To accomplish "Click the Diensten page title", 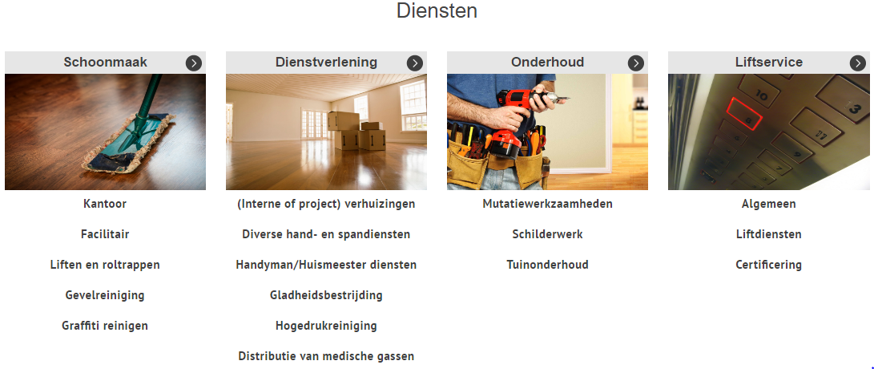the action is coord(437,10).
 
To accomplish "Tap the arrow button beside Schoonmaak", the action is coord(193,63).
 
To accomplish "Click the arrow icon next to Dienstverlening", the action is coord(415,63).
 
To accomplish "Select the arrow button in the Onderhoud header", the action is coord(636,63).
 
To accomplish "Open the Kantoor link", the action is coord(105,204).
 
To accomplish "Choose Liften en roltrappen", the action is coord(105,265).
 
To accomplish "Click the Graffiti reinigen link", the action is coord(105,326).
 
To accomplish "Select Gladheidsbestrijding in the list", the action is coord(326,294).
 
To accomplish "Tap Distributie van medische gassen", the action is coord(326,355).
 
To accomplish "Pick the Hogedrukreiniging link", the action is coord(326,326).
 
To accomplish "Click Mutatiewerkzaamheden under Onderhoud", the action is coord(547,204).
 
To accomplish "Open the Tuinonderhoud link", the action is coord(547,265).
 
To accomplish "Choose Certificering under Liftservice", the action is coord(768,265).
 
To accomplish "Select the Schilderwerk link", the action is coord(547,234).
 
